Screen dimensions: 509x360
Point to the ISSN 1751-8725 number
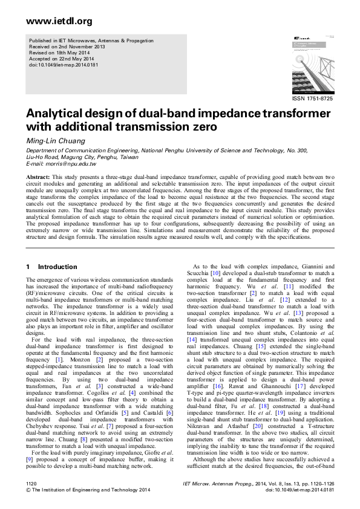tap(312, 99)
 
